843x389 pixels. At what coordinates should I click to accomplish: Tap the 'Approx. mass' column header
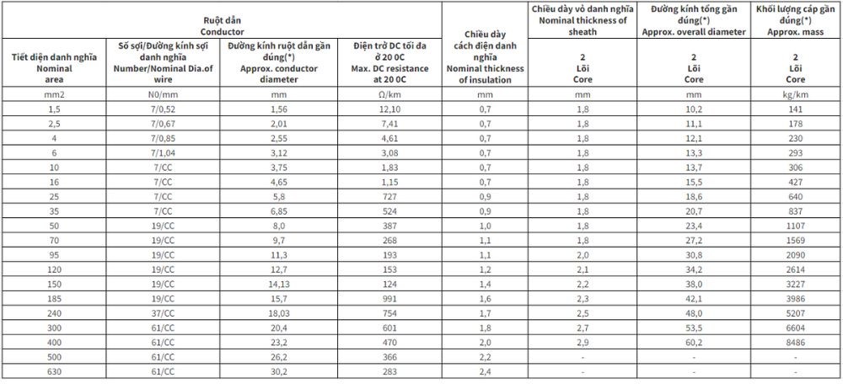(x=796, y=24)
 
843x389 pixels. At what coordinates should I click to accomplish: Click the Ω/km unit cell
(x=386, y=96)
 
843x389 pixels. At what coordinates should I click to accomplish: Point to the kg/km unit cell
(x=796, y=96)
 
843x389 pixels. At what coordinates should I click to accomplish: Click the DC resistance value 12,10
(x=386, y=109)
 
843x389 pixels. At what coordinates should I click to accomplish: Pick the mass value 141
(x=796, y=109)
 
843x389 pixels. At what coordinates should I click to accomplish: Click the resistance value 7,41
(x=386, y=124)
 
